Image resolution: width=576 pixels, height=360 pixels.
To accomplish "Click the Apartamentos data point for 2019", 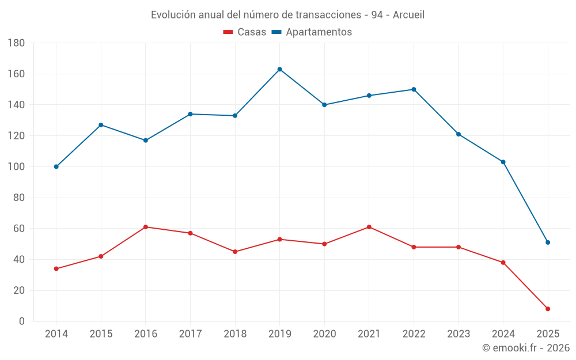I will (x=279, y=69).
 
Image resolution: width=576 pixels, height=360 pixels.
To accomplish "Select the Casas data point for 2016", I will (x=146, y=227).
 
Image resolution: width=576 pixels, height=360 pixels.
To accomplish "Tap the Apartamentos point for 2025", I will (x=548, y=242).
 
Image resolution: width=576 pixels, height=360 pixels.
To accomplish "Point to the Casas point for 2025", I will (x=548, y=309).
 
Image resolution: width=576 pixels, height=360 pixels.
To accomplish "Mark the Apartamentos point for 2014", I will (x=56, y=166).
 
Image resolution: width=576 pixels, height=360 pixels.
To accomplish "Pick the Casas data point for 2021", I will (x=369, y=227).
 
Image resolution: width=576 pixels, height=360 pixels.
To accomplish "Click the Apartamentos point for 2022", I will (x=414, y=89).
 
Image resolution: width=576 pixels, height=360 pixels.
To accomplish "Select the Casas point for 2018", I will (x=235, y=252).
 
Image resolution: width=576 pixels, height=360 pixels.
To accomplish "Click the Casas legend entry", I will (x=245, y=32).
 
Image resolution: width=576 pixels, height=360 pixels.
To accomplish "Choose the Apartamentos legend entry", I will (x=312, y=32).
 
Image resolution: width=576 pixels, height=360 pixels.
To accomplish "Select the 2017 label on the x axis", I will (x=190, y=334).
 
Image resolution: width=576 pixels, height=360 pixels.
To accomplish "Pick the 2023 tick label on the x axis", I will (x=458, y=334).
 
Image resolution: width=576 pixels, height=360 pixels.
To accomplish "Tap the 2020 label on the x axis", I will (x=324, y=334).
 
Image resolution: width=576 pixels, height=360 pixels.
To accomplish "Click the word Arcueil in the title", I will (x=408, y=15).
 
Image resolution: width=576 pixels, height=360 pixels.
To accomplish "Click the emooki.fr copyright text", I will (x=526, y=348).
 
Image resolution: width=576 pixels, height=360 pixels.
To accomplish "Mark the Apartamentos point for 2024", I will (x=503, y=162).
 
